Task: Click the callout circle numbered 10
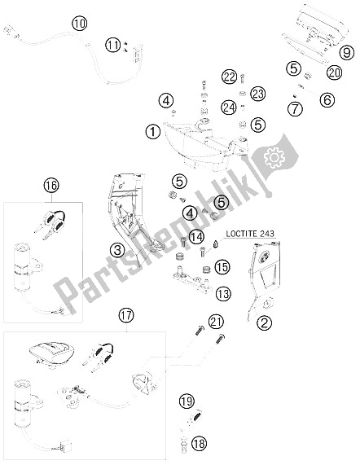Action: [x=78, y=23]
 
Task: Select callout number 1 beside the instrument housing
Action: [x=151, y=129]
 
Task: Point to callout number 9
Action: [x=346, y=54]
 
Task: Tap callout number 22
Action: [x=229, y=77]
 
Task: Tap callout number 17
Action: [x=125, y=314]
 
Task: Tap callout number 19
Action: [x=187, y=401]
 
